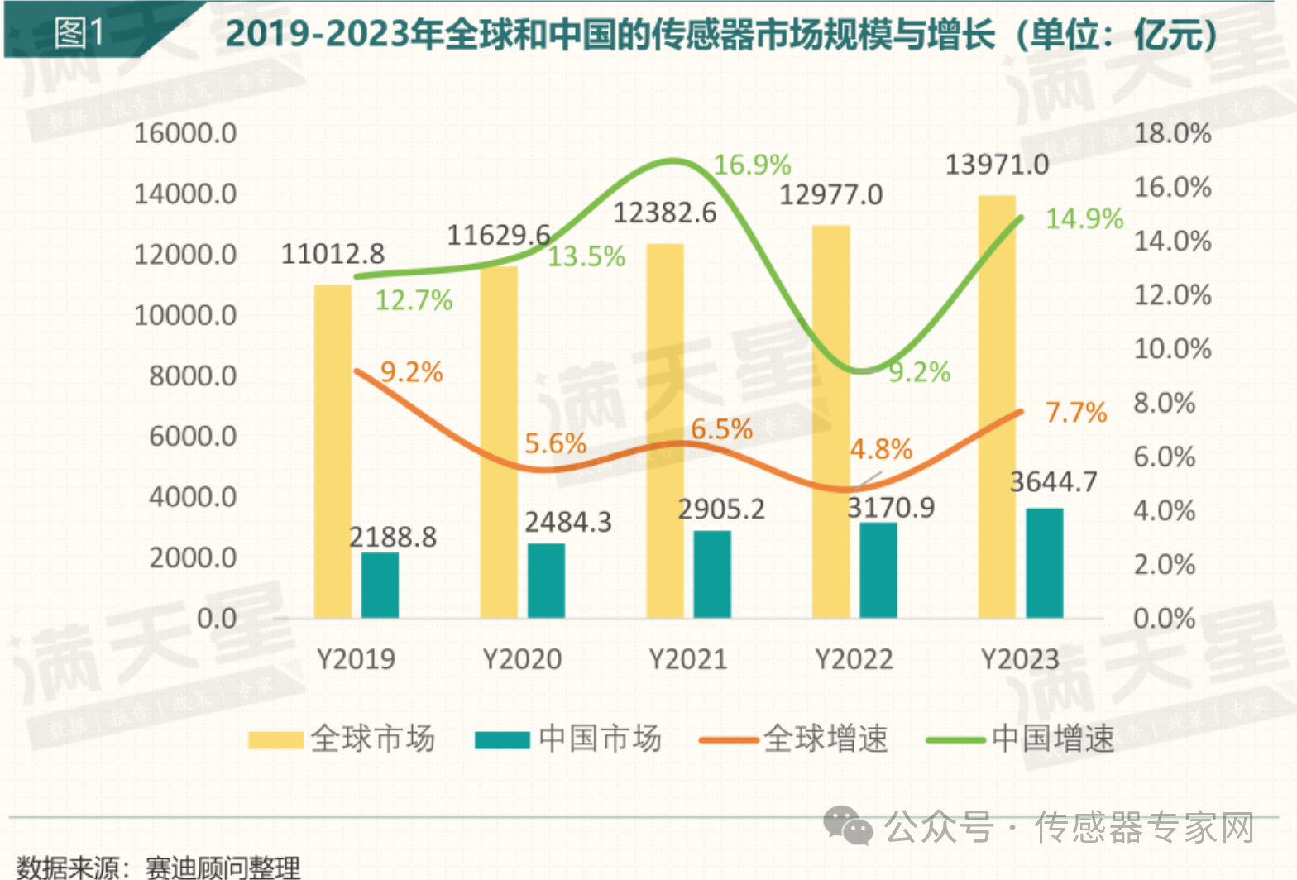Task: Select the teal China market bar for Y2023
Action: pyautogui.click(x=1045, y=563)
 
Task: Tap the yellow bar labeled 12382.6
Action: pyautogui.click(x=665, y=431)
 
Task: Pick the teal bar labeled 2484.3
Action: pyautogui.click(x=546, y=581)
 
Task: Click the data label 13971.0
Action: pyautogui.click(x=997, y=165)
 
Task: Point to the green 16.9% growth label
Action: pyautogui.click(x=752, y=165)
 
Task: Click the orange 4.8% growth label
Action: pyautogui.click(x=881, y=449)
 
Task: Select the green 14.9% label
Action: pyautogui.click(x=1084, y=219)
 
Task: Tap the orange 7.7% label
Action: pyautogui.click(x=1075, y=412)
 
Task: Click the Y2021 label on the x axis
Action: pyautogui.click(x=688, y=659)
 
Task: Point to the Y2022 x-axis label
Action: pyautogui.click(x=854, y=659)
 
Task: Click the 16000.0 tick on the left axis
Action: pyautogui.click(x=185, y=133)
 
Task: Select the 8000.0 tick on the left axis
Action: pyautogui.click(x=193, y=375)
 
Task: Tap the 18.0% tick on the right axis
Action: pyautogui.click(x=1172, y=133)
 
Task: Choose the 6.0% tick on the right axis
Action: pyautogui.click(x=1164, y=457)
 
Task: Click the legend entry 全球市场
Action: pyautogui.click(x=342, y=739)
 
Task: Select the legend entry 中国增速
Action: pyautogui.click(x=1021, y=739)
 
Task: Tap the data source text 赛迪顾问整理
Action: pyautogui.click(x=223, y=868)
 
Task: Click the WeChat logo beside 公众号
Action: pyautogui.click(x=847, y=826)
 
